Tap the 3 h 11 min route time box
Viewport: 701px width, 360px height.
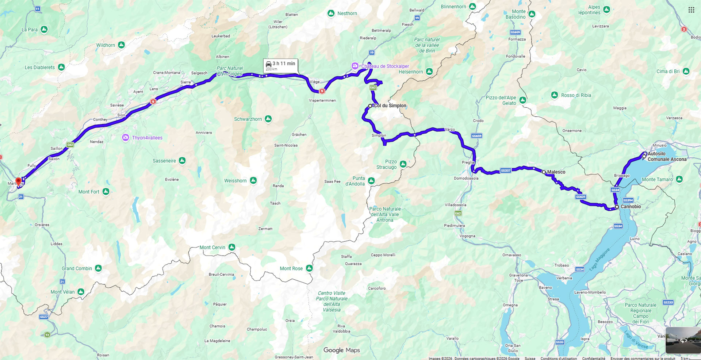coord(280,66)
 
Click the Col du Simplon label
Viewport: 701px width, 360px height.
coord(390,106)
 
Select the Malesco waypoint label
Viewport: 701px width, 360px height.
coord(556,172)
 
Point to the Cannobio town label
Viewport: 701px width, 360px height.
coord(631,207)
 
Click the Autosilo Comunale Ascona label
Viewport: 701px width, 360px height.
coord(667,157)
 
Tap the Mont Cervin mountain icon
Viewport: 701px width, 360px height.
coord(231,247)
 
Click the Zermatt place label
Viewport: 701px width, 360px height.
coord(265,229)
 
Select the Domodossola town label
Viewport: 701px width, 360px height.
coord(466,179)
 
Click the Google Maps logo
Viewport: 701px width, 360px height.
coord(341,350)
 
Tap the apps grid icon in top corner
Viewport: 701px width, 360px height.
coord(691,10)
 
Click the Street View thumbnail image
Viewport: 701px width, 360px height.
coord(683,340)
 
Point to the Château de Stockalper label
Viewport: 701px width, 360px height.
coord(385,66)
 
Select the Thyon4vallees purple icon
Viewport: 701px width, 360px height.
coord(126,138)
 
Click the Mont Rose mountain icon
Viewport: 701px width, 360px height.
coord(309,268)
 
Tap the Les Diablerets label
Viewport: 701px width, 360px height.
coord(40,68)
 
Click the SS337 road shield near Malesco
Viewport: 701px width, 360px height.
coord(505,171)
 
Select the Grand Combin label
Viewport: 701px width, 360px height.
coord(77,268)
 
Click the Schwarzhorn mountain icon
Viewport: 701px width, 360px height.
coord(268,119)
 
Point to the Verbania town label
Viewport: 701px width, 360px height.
coord(564,278)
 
